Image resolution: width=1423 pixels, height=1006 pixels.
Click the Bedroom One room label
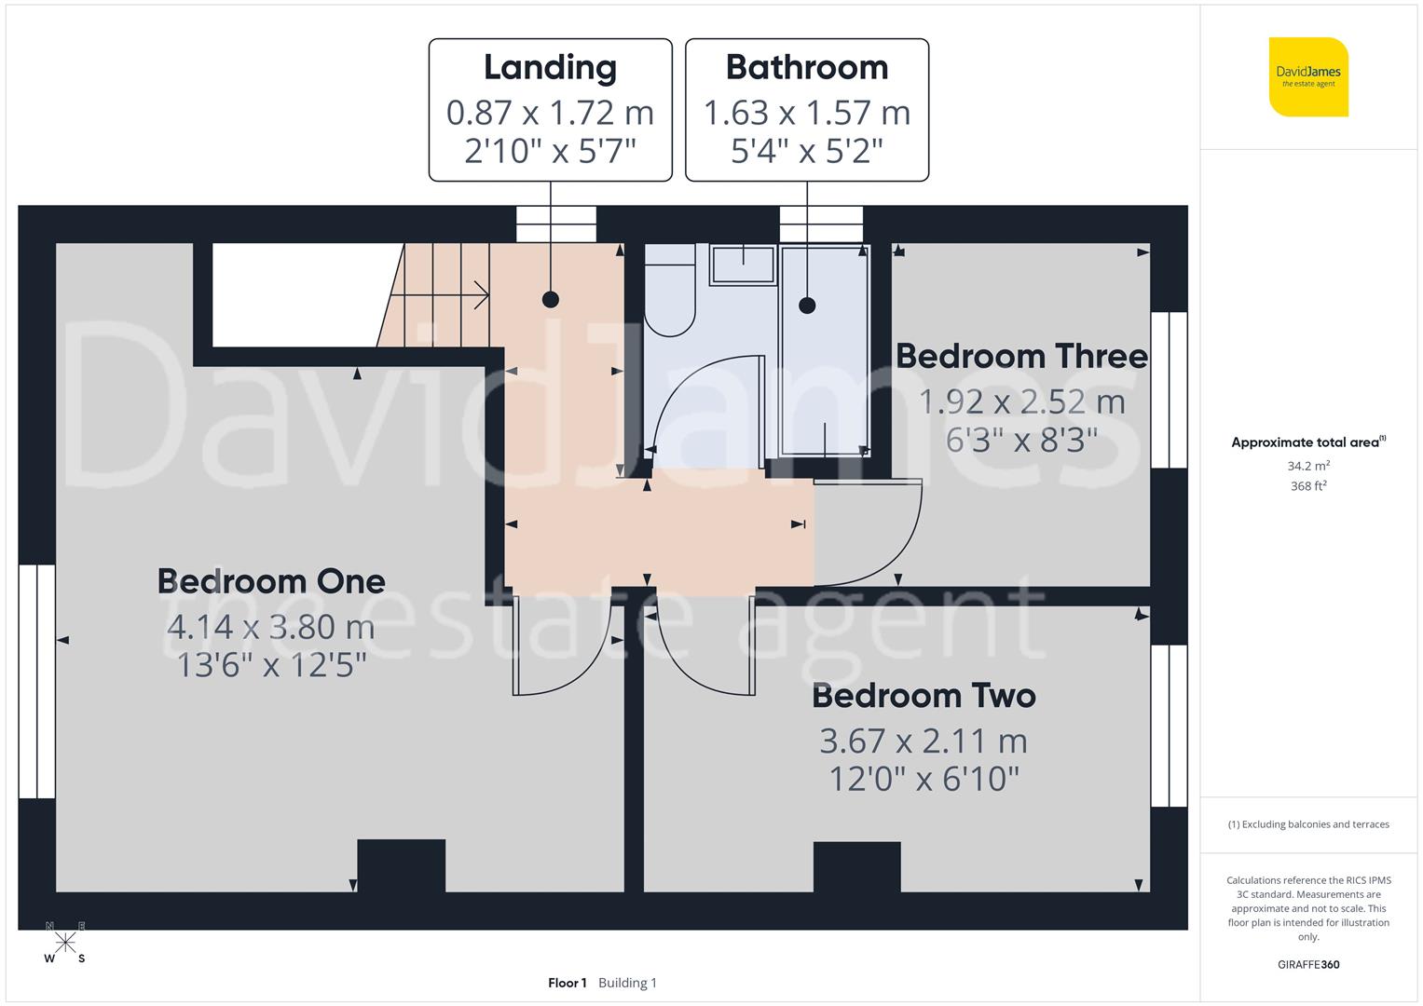click(x=270, y=581)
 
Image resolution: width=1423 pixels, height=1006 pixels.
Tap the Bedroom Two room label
click(x=924, y=696)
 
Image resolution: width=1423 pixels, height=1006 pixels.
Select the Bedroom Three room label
click(x=1021, y=356)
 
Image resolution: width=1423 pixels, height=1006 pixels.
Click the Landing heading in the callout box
click(x=550, y=67)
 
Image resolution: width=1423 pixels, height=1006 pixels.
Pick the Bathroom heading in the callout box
click(x=807, y=67)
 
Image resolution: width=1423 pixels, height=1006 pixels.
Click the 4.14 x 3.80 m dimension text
click(x=270, y=627)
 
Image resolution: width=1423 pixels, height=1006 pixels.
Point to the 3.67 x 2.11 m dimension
click(x=924, y=741)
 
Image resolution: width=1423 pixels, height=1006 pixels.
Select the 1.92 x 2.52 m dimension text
click(x=1021, y=401)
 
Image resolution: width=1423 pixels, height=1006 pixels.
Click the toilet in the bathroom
click(x=670, y=291)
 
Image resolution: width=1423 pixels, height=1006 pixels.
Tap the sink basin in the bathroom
click(x=743, y=265)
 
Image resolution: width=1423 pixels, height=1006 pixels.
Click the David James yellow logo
click(x=1308, y=77)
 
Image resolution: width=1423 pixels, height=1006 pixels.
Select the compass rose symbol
click(x=65, y=943)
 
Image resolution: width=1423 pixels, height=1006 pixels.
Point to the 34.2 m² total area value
click(x=1308, y=466)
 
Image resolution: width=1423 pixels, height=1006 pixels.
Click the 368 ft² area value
click(x=1308, y=486)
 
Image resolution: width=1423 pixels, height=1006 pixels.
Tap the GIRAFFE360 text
click(x=1308, y=964)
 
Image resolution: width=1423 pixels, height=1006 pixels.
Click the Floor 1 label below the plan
click(x=567, y=983)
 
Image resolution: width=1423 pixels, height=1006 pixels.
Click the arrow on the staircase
click(x=480, y=295)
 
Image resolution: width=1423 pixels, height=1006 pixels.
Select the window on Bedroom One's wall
click(x=37, y=681)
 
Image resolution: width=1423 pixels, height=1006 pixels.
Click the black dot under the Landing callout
click(x=551, y=299)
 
